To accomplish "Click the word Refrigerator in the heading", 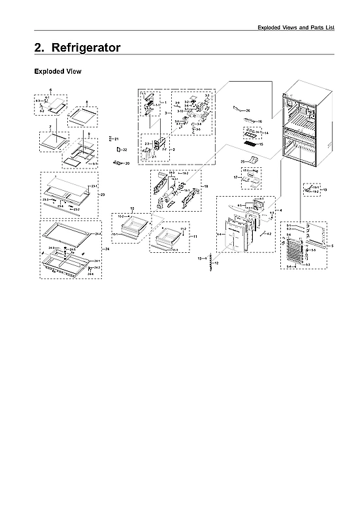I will (88, 48).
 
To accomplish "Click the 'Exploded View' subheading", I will (57, 71).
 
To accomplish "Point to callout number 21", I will (116, 139).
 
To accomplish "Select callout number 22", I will (124, 150).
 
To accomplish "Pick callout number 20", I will (127, 163).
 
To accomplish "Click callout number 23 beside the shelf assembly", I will (103, 195).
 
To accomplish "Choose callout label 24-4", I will (97, 233).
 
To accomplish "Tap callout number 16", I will (259, 122).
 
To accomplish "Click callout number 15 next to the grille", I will (261, 144).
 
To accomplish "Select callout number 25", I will (242, 161).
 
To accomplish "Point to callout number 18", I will (206, 186).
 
